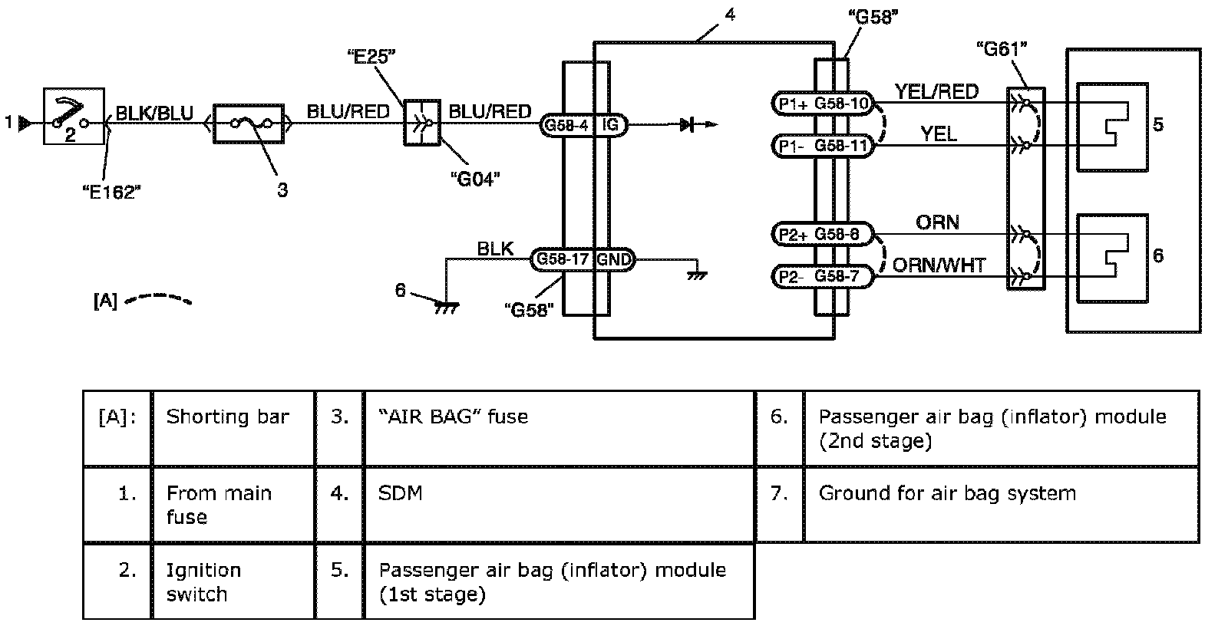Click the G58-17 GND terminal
click(583, 260)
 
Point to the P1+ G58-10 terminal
click(822, 104)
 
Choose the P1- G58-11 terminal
click(822, 146)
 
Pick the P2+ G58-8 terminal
click(822, 234)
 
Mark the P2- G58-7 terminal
click(822, 276)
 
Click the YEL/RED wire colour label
click(936, 92)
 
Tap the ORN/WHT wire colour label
click(939, 265)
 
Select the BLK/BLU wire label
click(154, 114)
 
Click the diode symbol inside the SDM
click(688, 124)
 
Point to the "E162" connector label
click(112, 192)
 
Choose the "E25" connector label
click(371, 55)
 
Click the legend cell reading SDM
click(401, 493)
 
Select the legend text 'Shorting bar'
click(227, 417)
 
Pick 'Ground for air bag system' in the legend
click(946, 493)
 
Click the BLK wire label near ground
click(495, 249)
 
